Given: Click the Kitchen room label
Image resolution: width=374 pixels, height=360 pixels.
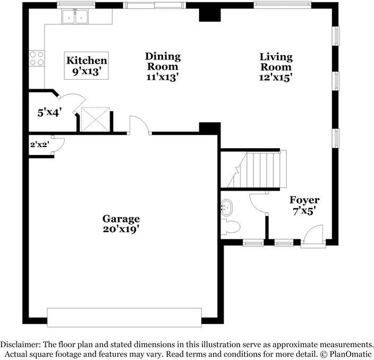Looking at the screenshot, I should (x=86, y=61).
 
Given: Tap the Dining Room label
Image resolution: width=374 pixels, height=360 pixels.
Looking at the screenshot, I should (x=163, y=56).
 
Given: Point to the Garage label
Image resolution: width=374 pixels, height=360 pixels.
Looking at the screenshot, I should (x=121, y=218).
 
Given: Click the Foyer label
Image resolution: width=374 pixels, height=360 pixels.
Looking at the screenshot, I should (x=304, y=200).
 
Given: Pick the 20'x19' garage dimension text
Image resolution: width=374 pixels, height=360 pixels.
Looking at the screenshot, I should (x=121, y=229).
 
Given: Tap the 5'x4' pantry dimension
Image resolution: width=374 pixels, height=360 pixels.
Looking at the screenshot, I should (x=49, y=112).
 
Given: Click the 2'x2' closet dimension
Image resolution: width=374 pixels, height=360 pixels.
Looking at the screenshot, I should (x=38, y=144).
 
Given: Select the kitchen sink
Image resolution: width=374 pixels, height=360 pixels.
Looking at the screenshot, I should (x=75, y=18).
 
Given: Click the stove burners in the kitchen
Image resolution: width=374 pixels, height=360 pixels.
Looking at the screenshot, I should (x=36, y=58).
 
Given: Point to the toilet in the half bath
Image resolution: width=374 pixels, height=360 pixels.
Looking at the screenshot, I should (x=231, y=228).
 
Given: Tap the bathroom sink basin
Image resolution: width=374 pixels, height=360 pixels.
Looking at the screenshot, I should (x=227, y=206).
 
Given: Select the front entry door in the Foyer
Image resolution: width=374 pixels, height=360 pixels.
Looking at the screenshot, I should (x=313, y=236).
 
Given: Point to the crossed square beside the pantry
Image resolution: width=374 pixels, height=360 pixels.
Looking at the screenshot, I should (x=95, y=119).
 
